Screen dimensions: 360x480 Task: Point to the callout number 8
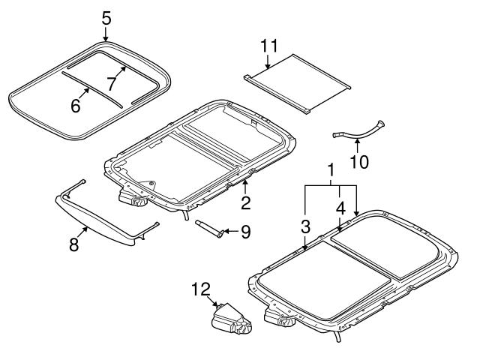73,245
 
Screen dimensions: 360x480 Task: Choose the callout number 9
244,231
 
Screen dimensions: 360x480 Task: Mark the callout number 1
330,172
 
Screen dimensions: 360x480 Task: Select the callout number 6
75,106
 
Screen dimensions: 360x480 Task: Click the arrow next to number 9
229,231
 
